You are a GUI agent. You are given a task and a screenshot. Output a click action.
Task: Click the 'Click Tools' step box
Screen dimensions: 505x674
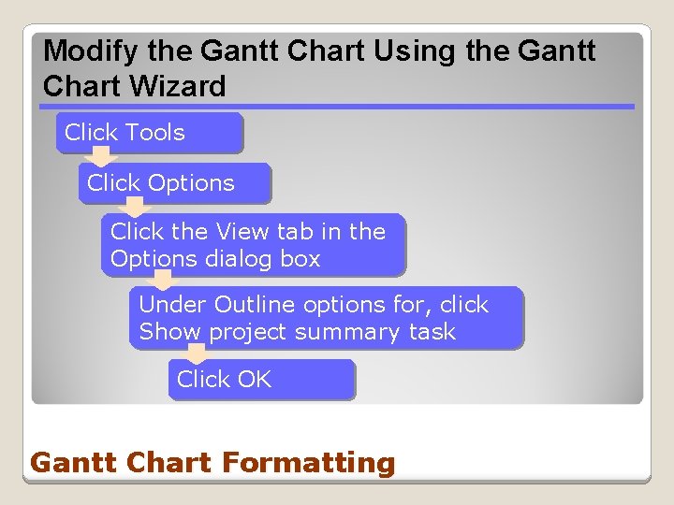(150, 133)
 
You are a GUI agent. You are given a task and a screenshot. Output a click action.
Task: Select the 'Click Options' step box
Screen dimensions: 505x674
(175, 183)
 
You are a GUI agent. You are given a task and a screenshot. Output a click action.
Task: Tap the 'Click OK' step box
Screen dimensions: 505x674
(262, 380)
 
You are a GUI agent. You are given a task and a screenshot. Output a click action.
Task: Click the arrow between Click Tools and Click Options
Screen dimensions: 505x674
(98, 158)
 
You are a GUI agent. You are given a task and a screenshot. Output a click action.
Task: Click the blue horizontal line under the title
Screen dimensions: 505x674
(337, 107)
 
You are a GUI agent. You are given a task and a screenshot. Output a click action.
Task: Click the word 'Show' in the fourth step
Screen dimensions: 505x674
(170, 332)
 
